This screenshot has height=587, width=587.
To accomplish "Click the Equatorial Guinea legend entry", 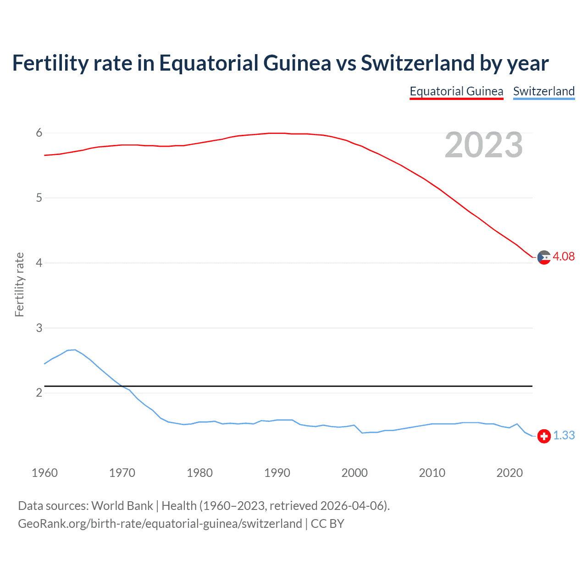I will pos(456,91).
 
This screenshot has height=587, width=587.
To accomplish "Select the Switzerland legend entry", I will pos(543,91).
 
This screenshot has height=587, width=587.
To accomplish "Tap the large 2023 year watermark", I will pos(483,145).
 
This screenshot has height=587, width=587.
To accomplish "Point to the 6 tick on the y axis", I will pos(39,133).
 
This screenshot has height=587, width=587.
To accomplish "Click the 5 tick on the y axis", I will pos(39,198).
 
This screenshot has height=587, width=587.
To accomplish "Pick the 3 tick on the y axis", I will pos(39,328).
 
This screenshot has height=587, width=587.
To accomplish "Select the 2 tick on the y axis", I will pos(39,393).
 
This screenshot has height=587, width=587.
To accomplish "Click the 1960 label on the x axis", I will pos(44,473).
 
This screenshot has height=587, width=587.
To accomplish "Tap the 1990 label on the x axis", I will pos(277,473).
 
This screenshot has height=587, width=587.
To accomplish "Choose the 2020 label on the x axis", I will pos(509,473).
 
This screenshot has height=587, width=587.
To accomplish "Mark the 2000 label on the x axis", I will pos(354,473).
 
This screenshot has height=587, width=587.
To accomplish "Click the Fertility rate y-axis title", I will pos(19,284).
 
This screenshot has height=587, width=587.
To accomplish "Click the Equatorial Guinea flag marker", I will pos(544,257).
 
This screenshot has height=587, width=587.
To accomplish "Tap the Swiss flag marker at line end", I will pos(544,436).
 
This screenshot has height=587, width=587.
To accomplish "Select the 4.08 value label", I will pos(564,257).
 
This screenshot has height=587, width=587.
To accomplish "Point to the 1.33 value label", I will pos(564,436).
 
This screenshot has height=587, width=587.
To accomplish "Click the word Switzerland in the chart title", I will pos(417,63).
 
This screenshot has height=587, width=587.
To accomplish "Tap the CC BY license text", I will pos(327,524).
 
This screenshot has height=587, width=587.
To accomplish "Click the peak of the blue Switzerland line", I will pos(75,350).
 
